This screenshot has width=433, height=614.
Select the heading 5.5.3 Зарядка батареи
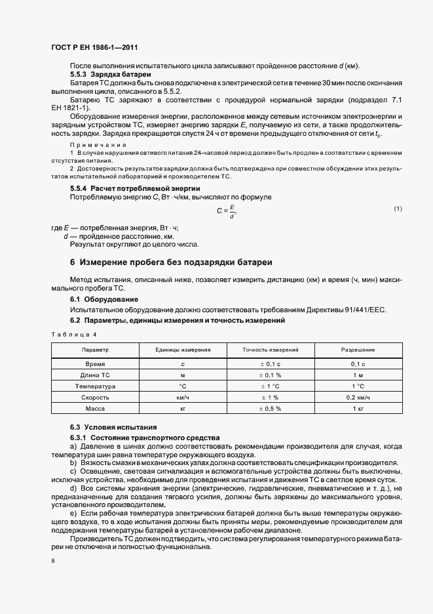(104, 74)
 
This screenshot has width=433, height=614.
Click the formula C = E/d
(225, 211)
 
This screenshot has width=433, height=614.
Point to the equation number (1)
(398, 209)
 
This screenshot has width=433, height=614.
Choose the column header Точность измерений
(271, 350)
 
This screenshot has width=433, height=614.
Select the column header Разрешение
(358, 350)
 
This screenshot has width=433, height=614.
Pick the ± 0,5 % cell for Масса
(271, 409)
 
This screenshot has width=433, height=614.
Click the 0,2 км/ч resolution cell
(358, 398)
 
